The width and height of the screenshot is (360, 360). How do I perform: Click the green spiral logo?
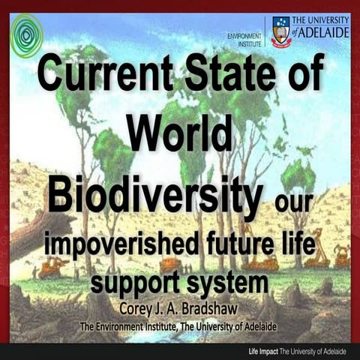pyautogui.click(x=26, y=34)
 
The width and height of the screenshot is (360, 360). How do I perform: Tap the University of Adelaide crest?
pyautogui.click(x=280, y=31)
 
